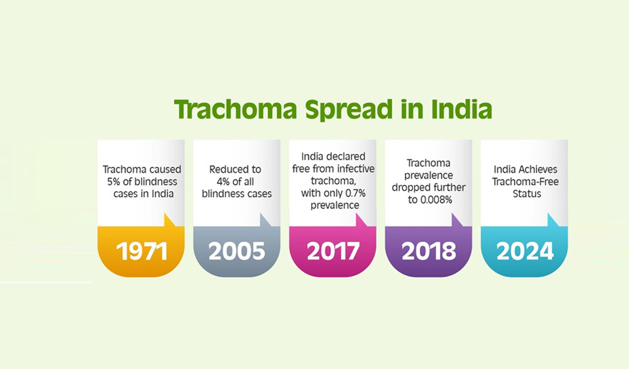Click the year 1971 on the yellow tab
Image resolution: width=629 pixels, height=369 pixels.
[142, 251]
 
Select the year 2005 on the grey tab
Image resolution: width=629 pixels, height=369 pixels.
[237, 251]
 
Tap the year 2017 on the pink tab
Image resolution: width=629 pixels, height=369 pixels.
[333, 251]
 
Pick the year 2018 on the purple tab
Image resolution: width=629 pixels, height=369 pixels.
[429, 251]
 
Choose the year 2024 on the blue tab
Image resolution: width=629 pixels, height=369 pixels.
[525, 251]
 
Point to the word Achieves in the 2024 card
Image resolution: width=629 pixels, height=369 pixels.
[539, 169]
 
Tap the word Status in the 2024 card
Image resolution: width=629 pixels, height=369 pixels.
[526, 193]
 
